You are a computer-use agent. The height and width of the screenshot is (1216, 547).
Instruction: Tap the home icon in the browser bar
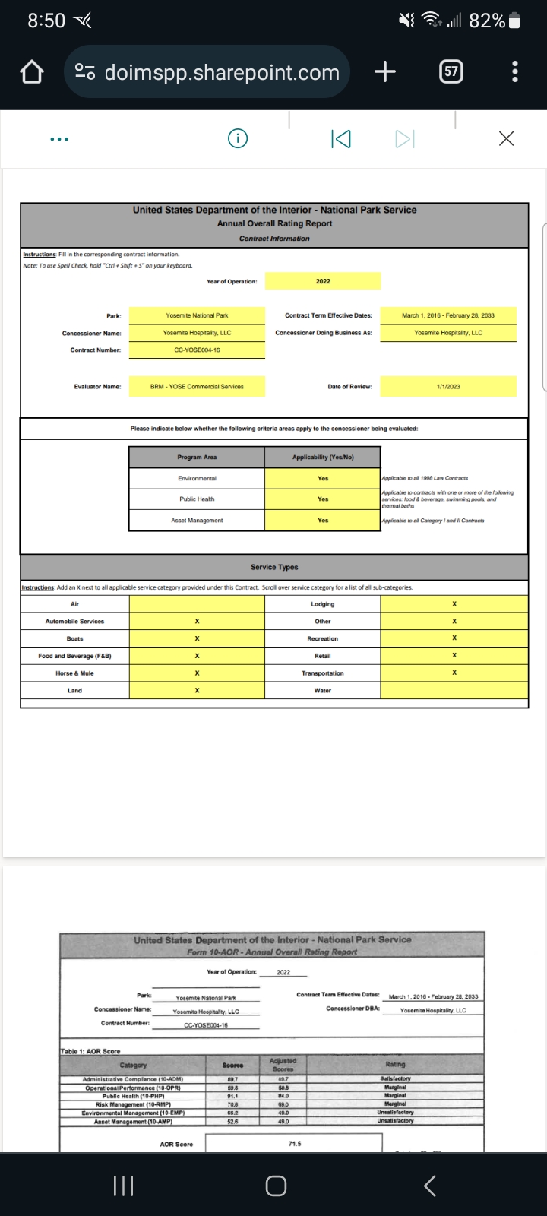point(31,72)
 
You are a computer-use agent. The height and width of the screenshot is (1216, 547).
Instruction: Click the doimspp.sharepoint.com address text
point(222,72)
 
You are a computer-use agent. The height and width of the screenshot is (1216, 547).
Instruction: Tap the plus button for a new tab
point(385,72)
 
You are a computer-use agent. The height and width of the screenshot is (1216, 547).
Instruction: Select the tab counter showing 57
point(451,72)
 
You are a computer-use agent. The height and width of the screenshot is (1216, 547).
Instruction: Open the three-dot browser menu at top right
point(515,72)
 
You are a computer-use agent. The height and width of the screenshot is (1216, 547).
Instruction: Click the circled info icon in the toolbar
point(238,138)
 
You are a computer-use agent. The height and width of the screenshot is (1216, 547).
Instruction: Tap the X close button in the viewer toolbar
point(506,138)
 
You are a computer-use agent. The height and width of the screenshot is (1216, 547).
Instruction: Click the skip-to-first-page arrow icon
point(341,138)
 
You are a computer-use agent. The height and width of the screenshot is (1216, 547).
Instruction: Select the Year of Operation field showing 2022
point(323,281)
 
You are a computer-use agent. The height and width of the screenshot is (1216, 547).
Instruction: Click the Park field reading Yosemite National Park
point(197,315)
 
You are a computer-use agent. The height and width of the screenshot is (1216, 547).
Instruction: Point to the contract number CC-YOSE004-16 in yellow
point(197,350)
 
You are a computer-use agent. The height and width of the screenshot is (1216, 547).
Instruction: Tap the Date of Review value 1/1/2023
point(448,387)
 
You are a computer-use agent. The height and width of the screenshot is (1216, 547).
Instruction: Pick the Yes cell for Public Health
point(323,499)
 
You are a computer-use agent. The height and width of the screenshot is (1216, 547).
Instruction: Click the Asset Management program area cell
point(197,521)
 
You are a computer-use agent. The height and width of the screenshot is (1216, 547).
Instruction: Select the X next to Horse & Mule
point(197,673)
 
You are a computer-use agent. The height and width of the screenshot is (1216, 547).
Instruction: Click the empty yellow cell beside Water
point(454,691)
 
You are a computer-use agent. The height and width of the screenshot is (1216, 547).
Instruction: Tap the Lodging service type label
point(323,604)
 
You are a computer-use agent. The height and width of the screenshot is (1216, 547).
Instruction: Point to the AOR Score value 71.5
point(295,1143)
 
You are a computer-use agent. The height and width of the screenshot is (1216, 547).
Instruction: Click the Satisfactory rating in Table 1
point(395,1078)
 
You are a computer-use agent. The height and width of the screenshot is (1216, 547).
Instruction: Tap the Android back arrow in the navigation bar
point(429,1186)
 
